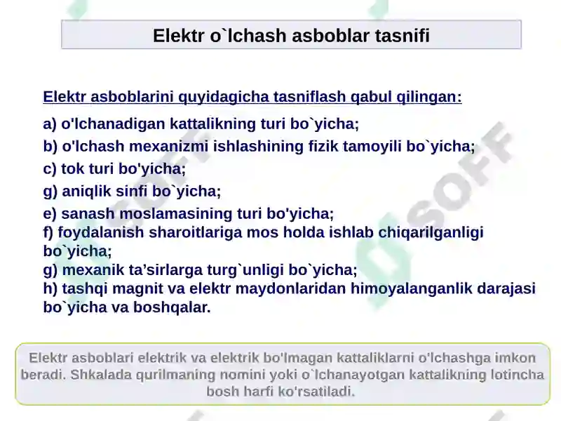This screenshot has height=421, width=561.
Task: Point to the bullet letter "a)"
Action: [50, 124]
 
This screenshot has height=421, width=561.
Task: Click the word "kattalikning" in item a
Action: [212, 124]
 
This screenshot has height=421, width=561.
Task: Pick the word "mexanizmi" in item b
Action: [168, 147]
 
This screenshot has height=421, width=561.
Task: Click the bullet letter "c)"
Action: [50, 169]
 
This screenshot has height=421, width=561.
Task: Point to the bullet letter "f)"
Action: [48, 232]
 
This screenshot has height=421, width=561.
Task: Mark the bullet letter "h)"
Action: [50, 288]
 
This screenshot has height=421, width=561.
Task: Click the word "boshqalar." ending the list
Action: [172, 307]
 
